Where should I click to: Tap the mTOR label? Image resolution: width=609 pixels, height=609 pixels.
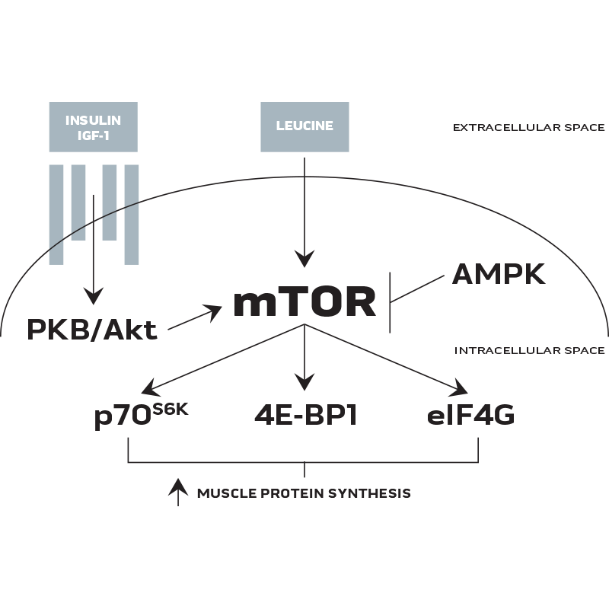(x=304, y=301)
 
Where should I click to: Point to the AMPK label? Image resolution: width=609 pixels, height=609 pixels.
(x=499, y=273)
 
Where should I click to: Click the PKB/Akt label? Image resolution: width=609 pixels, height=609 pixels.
(x=92, y=329)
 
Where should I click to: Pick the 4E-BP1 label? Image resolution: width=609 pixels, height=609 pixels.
(x=304, y=417)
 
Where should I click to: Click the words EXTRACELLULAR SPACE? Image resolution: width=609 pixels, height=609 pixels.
(x=528, y=127)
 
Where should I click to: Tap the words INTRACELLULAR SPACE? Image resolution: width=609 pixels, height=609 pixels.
(x=530, y=351)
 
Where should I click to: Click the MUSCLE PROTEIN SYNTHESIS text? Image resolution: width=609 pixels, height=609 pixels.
(x=304, y=493)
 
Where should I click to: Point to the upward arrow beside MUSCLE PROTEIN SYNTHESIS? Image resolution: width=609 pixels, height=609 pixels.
(x=177, y=492)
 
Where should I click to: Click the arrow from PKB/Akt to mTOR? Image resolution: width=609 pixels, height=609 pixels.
(x=194, y=318)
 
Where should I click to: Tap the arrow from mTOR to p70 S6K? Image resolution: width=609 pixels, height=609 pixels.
(x=225, y=356)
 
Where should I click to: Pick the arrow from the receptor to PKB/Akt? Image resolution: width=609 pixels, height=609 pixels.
(x=93, y=244)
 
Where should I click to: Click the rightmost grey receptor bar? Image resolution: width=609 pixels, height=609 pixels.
(x=132, y=213)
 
